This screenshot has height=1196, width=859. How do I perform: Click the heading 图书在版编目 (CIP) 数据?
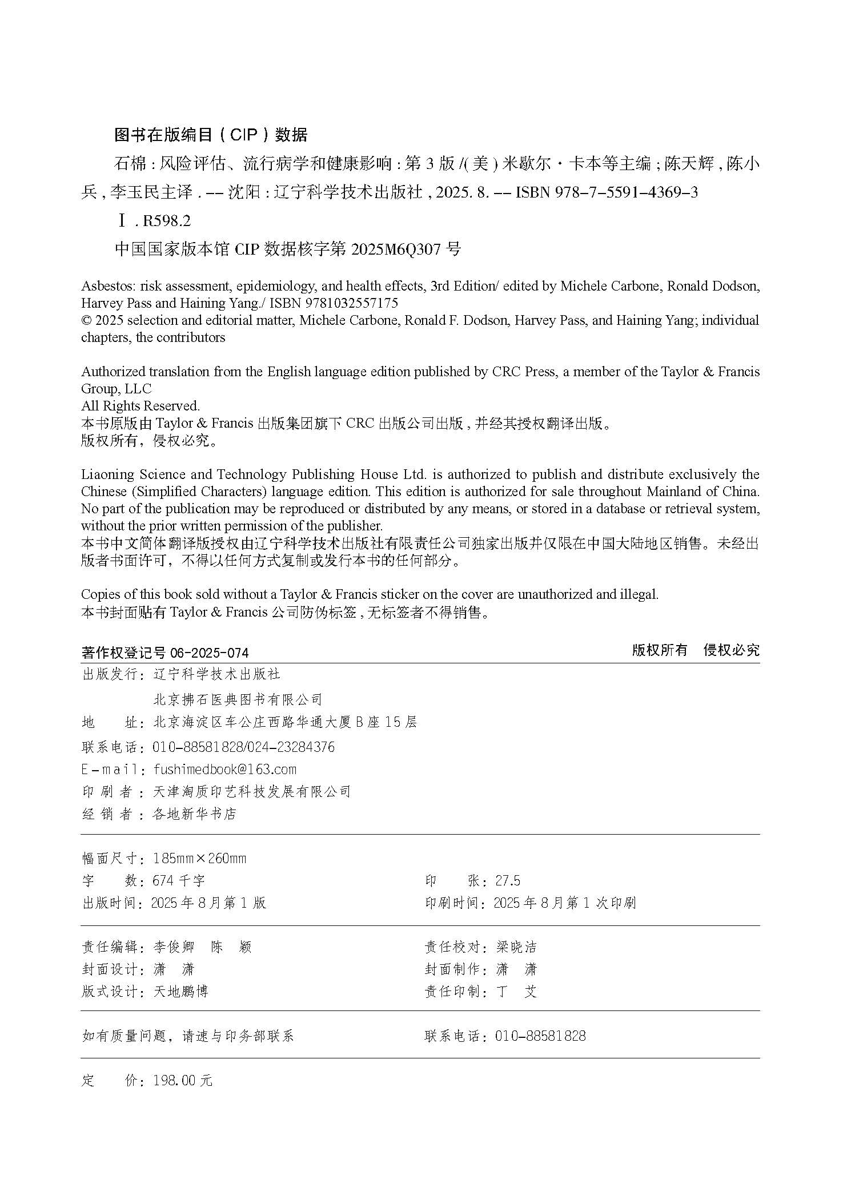tap(211, 135)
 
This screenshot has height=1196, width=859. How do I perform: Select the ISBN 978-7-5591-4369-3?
tap(607, 192)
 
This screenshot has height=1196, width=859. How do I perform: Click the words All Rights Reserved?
tap(141, 406)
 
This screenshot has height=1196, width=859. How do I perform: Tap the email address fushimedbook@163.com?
tap(225, 769)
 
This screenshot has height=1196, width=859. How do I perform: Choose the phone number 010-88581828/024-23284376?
tap(244, 747)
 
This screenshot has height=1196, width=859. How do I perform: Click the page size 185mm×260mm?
tap(200, 858)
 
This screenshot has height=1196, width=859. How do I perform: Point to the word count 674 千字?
tap(179, 880)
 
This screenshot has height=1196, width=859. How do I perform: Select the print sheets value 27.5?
tap(508, 880)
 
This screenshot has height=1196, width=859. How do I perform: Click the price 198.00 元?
tap(183, 1080)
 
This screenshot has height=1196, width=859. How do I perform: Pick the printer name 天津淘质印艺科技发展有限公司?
tap(252, 791)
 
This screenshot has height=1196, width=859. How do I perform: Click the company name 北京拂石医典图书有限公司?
tap(238, 699)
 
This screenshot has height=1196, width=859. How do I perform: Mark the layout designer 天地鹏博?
tap(181, 992)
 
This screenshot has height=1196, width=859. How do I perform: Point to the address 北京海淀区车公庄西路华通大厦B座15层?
tap(285, 722)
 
